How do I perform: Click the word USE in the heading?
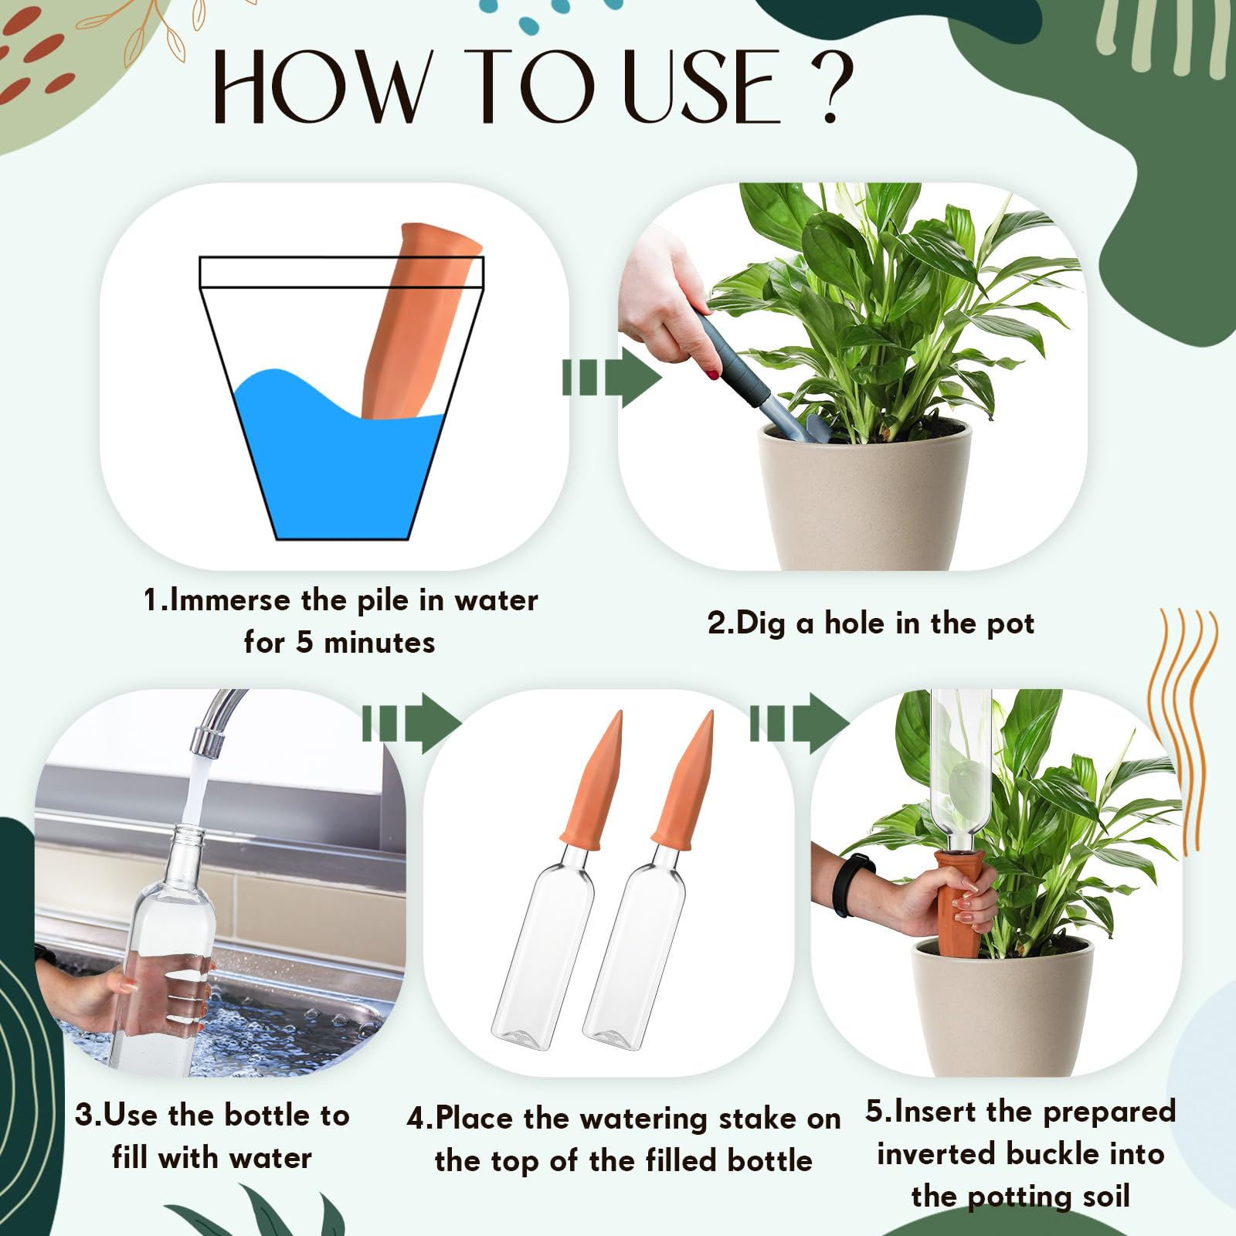tap(701, 86)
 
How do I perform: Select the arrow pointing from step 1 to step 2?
tap(612, 378)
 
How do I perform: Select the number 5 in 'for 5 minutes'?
tap(306, 643)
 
